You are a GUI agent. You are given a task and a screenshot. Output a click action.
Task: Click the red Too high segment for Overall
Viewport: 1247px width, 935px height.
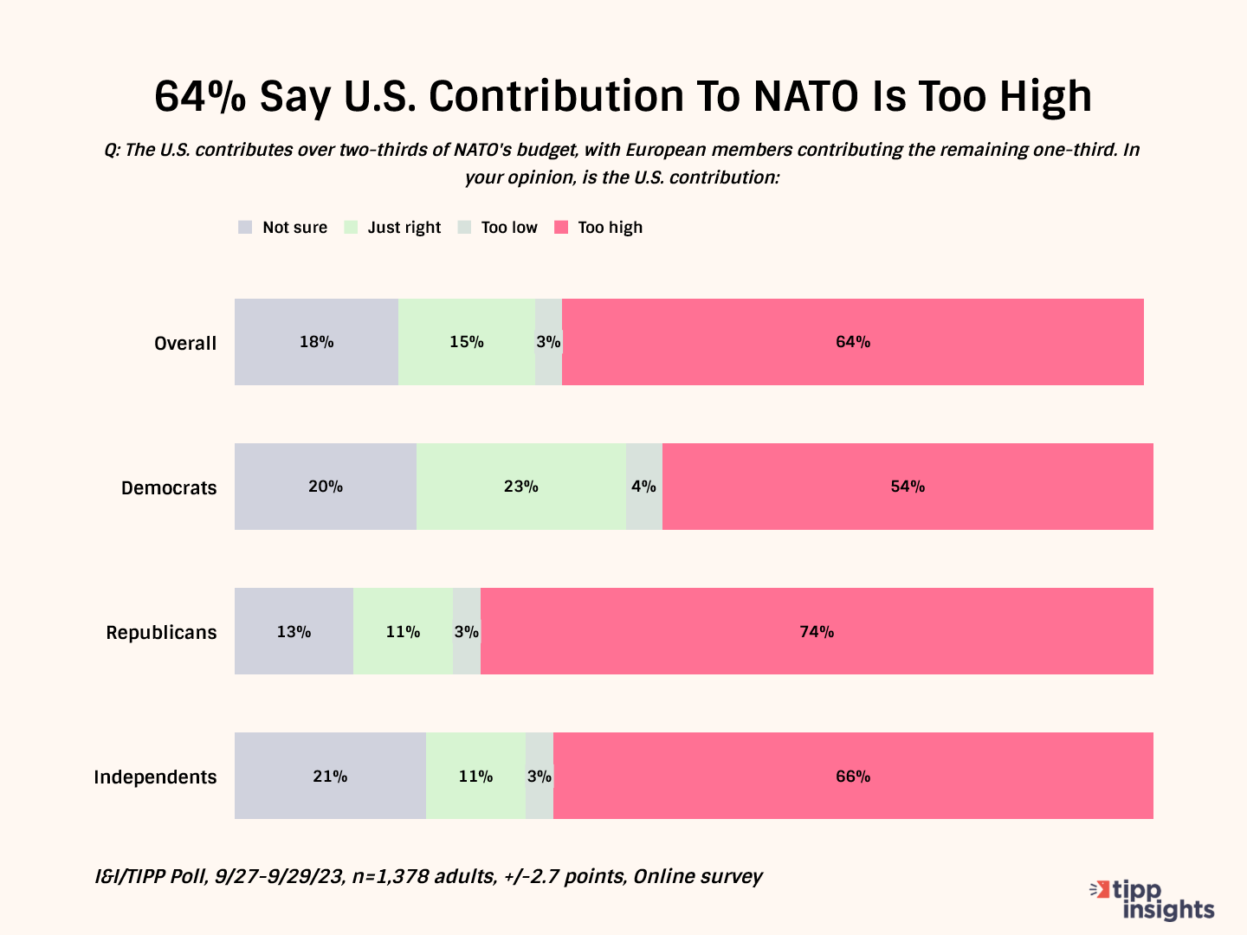coord(853,342)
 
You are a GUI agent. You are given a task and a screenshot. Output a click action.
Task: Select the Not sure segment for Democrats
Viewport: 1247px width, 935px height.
coord(326,487)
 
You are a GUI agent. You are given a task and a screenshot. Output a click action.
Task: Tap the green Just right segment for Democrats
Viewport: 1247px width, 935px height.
coord(521,487)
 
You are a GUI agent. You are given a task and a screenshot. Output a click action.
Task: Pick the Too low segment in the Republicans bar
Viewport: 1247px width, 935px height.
coord(467,631)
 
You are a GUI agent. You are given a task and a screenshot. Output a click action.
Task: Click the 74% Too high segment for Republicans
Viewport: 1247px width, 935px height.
coord(817,631)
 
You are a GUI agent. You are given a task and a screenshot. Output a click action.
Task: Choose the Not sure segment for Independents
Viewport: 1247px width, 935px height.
coord(330,776)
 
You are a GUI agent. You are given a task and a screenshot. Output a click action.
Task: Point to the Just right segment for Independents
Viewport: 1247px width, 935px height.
coord(475,776)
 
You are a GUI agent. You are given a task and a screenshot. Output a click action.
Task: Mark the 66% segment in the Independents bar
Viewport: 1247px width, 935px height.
coord(853,776)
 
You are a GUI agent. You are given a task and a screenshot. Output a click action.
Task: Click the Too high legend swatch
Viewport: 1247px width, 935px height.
coord(561,228)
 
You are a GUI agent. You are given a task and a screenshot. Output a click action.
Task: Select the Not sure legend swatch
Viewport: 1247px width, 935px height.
coord(245,228)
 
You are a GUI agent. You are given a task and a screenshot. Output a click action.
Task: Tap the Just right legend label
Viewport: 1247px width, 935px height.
coord(404,228)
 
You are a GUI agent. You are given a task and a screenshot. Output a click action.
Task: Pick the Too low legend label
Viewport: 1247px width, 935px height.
coord(509,228)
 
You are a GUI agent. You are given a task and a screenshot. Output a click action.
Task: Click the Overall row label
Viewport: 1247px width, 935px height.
coord(185,343)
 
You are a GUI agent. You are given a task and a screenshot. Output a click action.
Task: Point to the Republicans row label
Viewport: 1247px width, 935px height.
coord(161,632)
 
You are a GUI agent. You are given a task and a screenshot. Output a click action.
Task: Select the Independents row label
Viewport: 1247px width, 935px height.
coord(155,777)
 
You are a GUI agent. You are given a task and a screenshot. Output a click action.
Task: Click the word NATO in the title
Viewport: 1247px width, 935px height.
coord(806,96)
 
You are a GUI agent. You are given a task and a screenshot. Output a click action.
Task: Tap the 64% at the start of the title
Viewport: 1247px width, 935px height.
coord(200,96)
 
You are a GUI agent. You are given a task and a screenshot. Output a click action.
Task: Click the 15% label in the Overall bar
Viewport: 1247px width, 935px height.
coord(466,342)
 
